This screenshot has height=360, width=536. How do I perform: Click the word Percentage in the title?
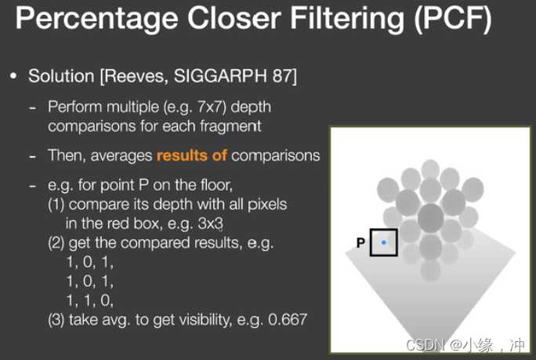pos(96,19)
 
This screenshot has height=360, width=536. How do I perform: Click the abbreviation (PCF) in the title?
pos(453,18)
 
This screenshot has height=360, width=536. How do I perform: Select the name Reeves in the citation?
pos(134,76)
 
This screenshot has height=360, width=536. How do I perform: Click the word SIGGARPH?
pos(220,75)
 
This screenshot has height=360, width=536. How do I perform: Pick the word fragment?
pos(230,126)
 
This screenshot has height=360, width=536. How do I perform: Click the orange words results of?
pos(191,156)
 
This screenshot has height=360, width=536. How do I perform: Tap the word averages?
pos(121,156)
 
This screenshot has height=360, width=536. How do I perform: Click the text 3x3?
pos(210,224)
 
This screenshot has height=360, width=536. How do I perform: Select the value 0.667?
pos(288,320)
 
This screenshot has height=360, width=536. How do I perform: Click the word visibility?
pos(205,320)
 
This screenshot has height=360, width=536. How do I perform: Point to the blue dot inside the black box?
pos(383,242)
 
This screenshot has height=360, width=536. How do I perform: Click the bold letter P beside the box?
pos(360,243)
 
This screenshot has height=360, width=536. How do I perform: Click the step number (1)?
pos(56,205)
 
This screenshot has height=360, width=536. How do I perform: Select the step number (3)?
pos(56,320)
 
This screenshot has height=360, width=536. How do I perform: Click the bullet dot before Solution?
pos(13,76)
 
